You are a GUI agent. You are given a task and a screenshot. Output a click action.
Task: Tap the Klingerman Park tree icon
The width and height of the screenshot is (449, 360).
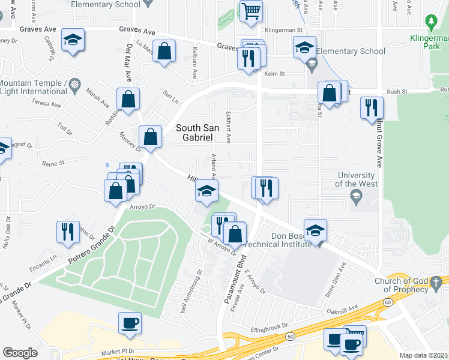pyautogui.click(x=430, y=23)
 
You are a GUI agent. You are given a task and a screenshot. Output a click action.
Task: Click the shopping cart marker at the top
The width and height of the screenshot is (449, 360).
pyautogui.click(x=251, y=10)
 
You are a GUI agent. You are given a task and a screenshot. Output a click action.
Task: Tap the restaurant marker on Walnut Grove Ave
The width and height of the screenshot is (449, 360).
pyautogui.click(x=372, y=107)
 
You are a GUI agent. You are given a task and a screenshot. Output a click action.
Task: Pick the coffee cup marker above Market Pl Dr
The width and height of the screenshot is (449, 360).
pyautogui.click(x=130, y=323)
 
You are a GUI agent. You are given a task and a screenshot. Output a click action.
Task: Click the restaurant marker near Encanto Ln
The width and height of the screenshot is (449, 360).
pyautogui.click(x=68, y=231)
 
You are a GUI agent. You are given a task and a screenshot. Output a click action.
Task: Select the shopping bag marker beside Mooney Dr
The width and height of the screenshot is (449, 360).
pyautogui.click(x=151, y=136)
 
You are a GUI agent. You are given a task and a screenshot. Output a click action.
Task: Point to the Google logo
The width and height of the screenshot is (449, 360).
pyautogui.click(x=20, y=353)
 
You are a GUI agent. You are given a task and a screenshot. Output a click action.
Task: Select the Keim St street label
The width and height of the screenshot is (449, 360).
pyautogui.click(x=274, y=74)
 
